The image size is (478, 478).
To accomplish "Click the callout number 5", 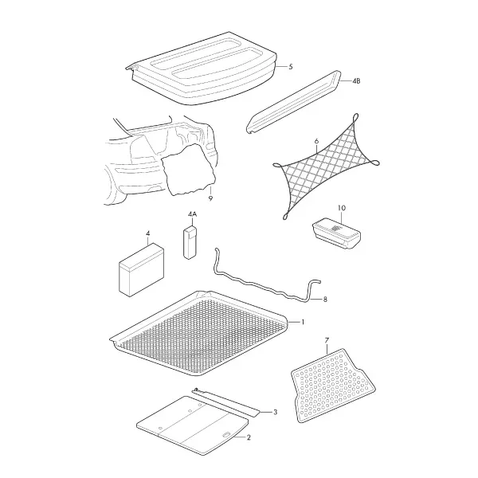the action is pos(291,67).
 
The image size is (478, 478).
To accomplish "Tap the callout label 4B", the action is pos(356,81).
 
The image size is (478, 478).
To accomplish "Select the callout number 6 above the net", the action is pos(316,141).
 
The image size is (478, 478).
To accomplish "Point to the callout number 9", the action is pos(210,198).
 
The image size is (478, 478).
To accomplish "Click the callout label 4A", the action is pos(192,214).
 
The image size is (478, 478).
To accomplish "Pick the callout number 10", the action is pos(342,208).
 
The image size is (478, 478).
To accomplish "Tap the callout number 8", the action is pos(325,300).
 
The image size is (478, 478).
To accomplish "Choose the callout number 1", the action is pos(303,322).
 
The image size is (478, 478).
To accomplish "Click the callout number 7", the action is pos(327,340).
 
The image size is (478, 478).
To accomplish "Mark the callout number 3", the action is pos(275,413).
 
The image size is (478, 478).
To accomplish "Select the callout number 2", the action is pos(249,437).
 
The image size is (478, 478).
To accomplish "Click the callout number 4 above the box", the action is pos(148,233).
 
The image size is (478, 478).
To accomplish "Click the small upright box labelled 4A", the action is pos(190,243).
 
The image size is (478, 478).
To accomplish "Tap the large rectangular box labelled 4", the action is pos(141,270).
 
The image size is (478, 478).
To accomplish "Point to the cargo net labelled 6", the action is pos(326,167).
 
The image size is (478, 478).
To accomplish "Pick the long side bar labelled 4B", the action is pos(293,102).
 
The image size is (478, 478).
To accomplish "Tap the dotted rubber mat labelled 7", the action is pos(333,386).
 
